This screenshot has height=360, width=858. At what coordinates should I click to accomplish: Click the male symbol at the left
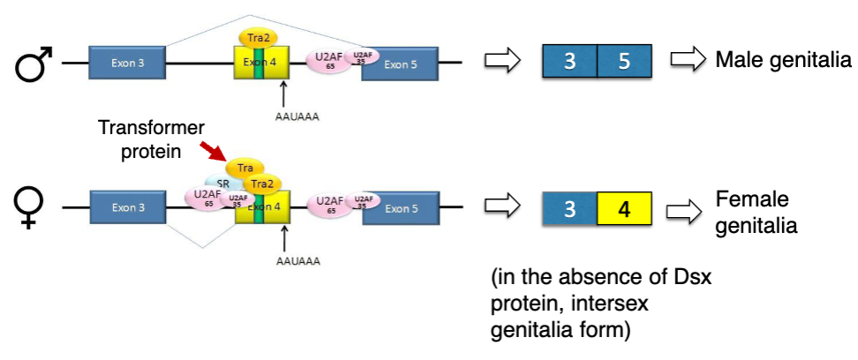(x=34, y=65)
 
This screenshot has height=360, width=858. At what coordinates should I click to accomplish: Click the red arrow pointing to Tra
(x=212, y=154)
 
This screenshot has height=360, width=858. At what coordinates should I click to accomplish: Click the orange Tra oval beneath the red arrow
(x=245, y=168)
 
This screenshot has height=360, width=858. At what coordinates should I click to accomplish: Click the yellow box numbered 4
(x=624, y=210)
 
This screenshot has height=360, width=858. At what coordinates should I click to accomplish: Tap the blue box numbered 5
(x=624, y=63)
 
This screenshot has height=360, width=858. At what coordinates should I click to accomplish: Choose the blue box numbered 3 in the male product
(x=569, y=63)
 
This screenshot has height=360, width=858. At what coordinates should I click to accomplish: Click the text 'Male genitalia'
(x=783, y=60)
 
